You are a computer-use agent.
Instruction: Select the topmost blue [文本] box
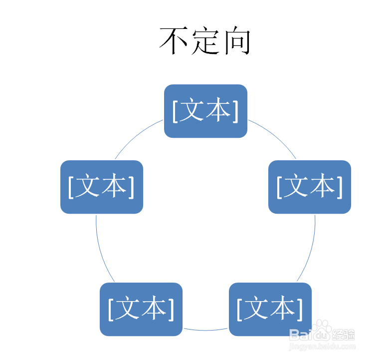point(205,111)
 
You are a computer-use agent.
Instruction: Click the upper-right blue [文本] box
point(310,187)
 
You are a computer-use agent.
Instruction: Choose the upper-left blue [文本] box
point(102,187)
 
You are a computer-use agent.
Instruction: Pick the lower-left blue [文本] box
point(141,309)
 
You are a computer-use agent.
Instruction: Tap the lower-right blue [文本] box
point(270,309)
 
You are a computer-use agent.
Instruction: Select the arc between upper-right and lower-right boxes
point(310,250)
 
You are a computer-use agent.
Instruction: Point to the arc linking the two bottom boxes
point(205,330)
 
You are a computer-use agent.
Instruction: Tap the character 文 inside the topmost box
point(192,111)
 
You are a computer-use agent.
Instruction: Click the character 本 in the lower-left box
point(154,309)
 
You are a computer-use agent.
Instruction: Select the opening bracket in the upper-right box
point(280,187)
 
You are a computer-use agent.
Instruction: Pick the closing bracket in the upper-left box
point(131,187)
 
